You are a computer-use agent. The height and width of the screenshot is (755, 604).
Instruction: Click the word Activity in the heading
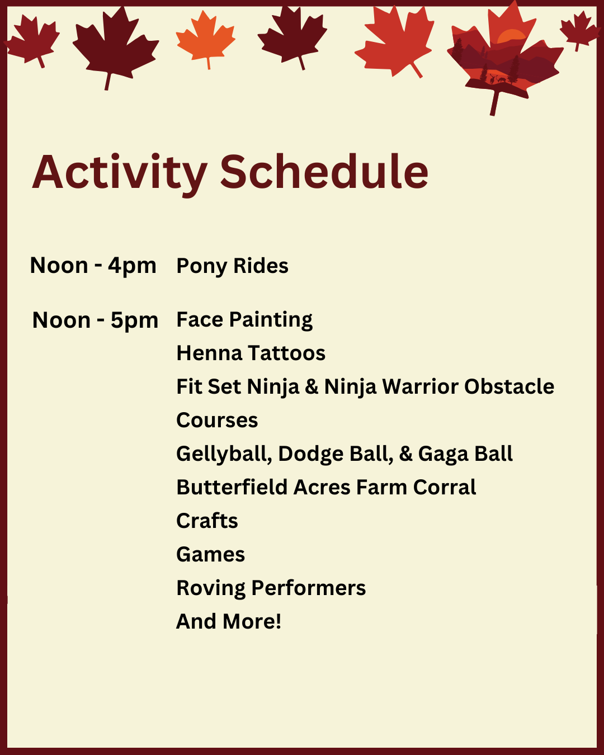point(119,174)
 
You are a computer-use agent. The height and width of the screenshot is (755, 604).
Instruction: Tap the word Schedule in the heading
point(324,172)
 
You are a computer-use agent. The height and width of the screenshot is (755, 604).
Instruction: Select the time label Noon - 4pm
point(93,266)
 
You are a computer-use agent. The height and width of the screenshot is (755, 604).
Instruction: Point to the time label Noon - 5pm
point(95,320)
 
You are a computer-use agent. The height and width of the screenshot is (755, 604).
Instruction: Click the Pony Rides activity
point(232,266)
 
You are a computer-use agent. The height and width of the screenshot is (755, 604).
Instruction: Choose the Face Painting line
point(244,320)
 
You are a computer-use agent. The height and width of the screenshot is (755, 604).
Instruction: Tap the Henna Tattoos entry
point(251,353)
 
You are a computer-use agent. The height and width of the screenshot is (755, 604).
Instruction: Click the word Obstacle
point(509,386)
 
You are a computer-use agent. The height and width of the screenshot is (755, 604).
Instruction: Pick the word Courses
point(217,421)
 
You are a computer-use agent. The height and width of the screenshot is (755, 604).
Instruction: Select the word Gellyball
point(224,454)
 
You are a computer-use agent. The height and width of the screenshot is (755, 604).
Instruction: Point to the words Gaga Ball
point(465,454)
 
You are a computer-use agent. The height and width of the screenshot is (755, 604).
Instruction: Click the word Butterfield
point(232,487)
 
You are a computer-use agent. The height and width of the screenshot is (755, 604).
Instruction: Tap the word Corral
point(444,487)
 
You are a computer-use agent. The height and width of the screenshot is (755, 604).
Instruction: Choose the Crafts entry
point(207,521)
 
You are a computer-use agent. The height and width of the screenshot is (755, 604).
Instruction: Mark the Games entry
point(211,555)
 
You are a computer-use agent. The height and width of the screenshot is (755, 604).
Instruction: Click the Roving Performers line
point(271,588)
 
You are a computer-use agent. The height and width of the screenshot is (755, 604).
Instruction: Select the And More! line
point(229,622)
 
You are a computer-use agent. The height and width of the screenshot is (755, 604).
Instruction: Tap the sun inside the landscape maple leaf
point(511,36)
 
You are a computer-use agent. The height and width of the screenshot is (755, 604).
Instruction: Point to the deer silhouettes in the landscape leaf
point(498,79)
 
